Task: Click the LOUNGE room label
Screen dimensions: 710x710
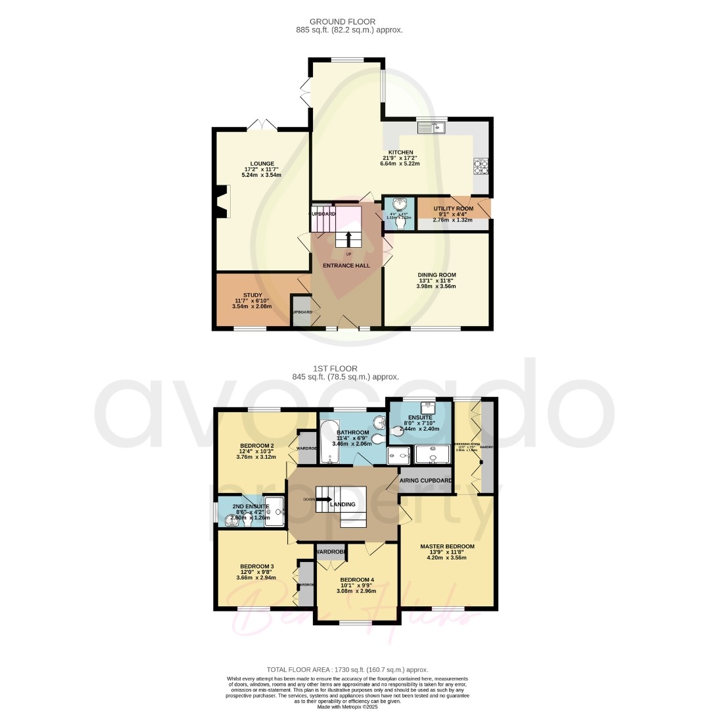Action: tap(262, 164)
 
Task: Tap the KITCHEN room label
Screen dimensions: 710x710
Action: tap(400, 152)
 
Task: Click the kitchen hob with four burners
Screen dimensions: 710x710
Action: tap(481, 168)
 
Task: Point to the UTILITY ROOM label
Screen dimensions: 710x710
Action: tap(453, 208)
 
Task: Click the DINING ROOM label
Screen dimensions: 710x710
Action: tap(437, 275)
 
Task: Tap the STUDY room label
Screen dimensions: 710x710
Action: tap(252, 295)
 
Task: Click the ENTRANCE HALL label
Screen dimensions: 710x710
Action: tap(346, 266)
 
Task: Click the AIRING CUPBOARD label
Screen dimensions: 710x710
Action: tap(426, 481)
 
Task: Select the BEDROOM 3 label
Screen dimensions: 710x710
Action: tap(256, 566)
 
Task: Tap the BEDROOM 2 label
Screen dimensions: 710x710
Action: tap(256, 446)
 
